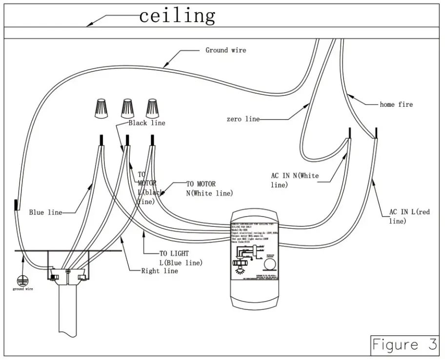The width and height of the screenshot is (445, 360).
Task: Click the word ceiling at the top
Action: click(177, 16)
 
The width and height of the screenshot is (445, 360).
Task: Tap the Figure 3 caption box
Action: click(404, 344)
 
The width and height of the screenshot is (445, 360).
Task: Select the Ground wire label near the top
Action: click(225, 50)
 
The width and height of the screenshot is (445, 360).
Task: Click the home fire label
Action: click(396, 104)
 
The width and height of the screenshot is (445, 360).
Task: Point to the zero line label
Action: click(243, 119)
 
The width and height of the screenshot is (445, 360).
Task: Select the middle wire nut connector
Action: click(127, 107)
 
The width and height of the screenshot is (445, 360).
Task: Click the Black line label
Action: click(147, 123)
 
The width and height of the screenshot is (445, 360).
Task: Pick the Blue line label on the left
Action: click(45, 212)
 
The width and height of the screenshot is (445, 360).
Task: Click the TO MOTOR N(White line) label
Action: click(209, 189)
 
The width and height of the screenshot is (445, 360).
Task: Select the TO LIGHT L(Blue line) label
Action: click(181, 259)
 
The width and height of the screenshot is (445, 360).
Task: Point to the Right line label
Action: click(159, 271)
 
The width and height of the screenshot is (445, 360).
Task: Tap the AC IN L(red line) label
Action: click(409, 216)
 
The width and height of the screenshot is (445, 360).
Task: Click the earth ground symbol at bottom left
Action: click(22, 280)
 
